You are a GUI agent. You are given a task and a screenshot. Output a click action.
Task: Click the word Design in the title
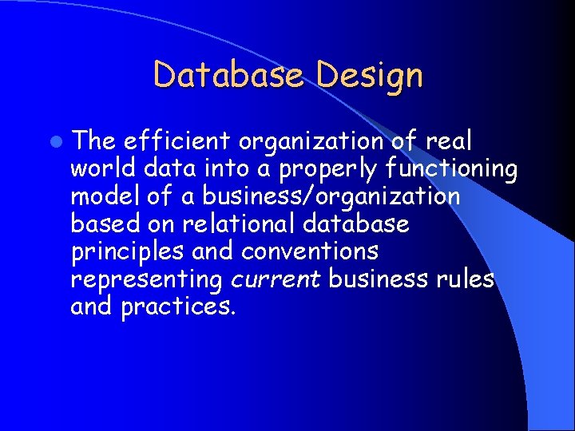(x=369, y=76)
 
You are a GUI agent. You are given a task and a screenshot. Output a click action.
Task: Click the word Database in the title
(x=228, y=76)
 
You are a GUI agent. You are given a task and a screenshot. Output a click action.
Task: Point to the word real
(x=449, y=141)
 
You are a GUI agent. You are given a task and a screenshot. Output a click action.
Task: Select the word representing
(x=146, y=280)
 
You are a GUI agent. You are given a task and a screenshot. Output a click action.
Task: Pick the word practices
(x=177, y=307)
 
